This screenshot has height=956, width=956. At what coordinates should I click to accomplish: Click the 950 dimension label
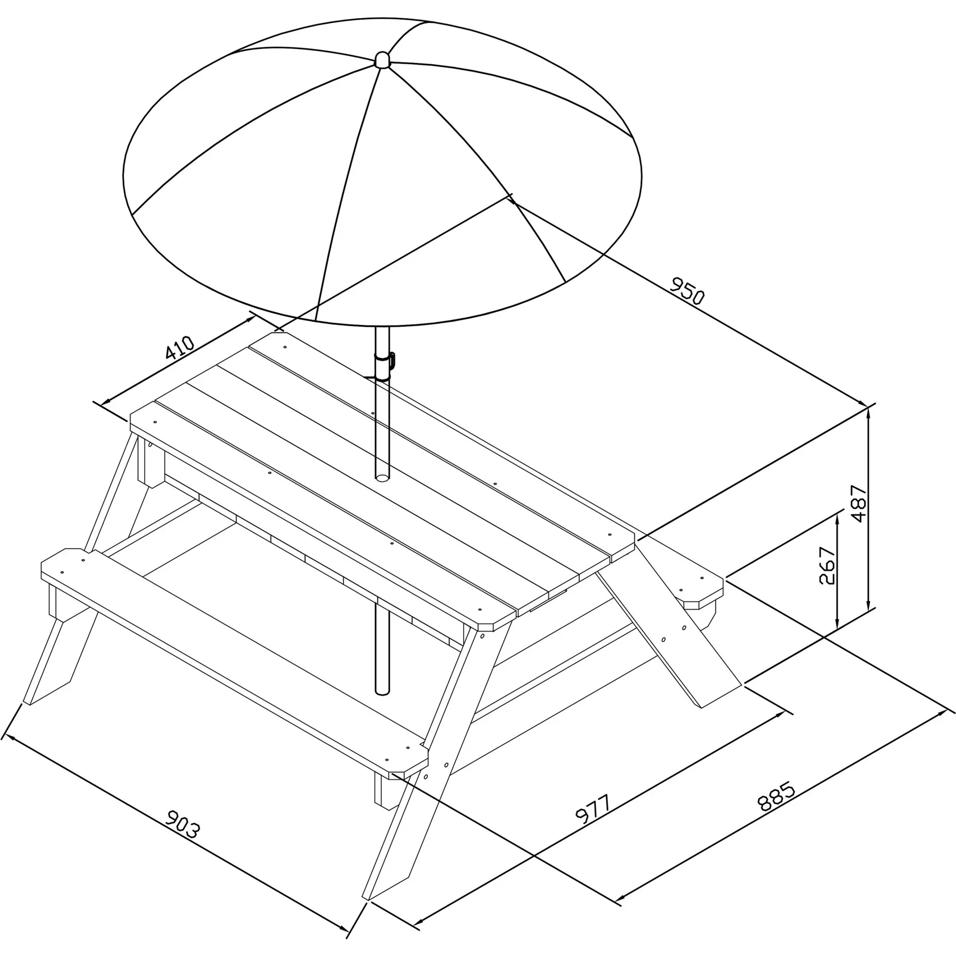click(688, 291)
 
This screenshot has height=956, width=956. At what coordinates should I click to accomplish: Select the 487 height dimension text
click(859, 503)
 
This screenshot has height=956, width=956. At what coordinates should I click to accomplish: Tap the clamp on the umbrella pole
click(386, 367)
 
